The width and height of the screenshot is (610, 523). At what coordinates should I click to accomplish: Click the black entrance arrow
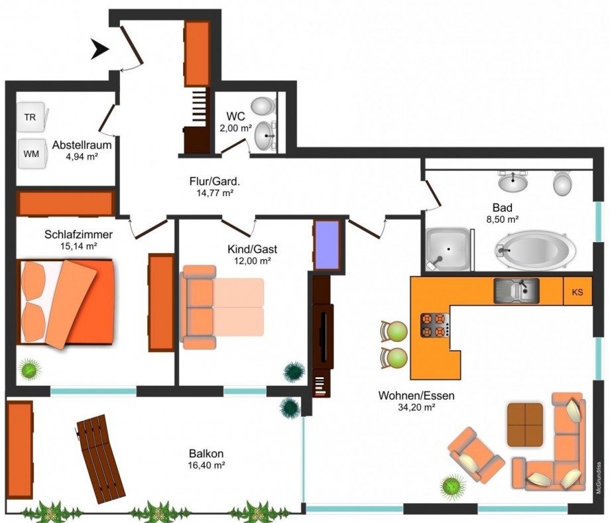click(x=100, y=50)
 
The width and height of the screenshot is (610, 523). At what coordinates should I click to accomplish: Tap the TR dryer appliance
click(x=32, y=117)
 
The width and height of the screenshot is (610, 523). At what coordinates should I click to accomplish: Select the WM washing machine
click(x=32, y=154)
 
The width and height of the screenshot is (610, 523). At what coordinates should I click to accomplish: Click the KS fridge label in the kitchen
click(x=578, y=292)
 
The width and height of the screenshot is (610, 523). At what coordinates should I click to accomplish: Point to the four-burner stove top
click(x=435, y=325)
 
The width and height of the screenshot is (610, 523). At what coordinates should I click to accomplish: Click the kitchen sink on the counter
click(x=517, y=290)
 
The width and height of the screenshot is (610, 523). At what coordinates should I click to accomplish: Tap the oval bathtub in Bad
click(x=535, y=251)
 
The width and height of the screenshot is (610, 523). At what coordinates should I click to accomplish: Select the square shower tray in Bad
click(x=448, y=249)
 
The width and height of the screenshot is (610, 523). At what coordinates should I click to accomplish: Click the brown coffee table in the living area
click(x=525, y=425)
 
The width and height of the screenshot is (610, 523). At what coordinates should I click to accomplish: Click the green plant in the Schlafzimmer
click(x=30, y=369)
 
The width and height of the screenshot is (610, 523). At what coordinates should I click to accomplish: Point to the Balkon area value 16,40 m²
click(x=207, y=465)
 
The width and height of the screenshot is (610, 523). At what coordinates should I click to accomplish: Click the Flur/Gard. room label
click(x=215, y=181)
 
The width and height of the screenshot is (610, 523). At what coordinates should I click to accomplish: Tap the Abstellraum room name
click(x=82, y=145)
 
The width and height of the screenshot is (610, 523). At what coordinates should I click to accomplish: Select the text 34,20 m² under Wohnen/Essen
click(x=416, y=407)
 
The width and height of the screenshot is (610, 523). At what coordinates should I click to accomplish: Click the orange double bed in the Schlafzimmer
click(x=66, y=304)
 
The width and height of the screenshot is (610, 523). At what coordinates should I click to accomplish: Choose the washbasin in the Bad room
click(x=513, y=182)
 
